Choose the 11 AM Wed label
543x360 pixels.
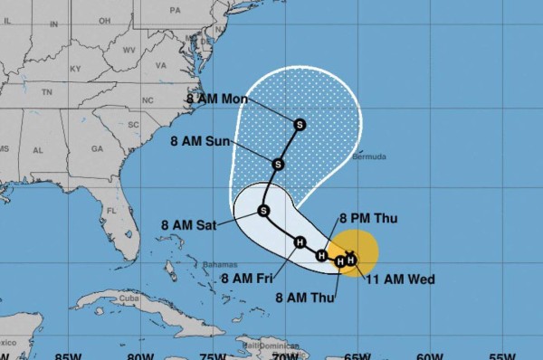[399, 279]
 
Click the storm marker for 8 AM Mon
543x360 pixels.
[300, 123]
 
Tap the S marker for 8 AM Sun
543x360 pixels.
[278, 164]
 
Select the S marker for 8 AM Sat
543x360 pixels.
[263, 211]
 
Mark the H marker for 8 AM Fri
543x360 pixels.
[300, 242]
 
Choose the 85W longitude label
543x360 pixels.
[66, 355]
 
